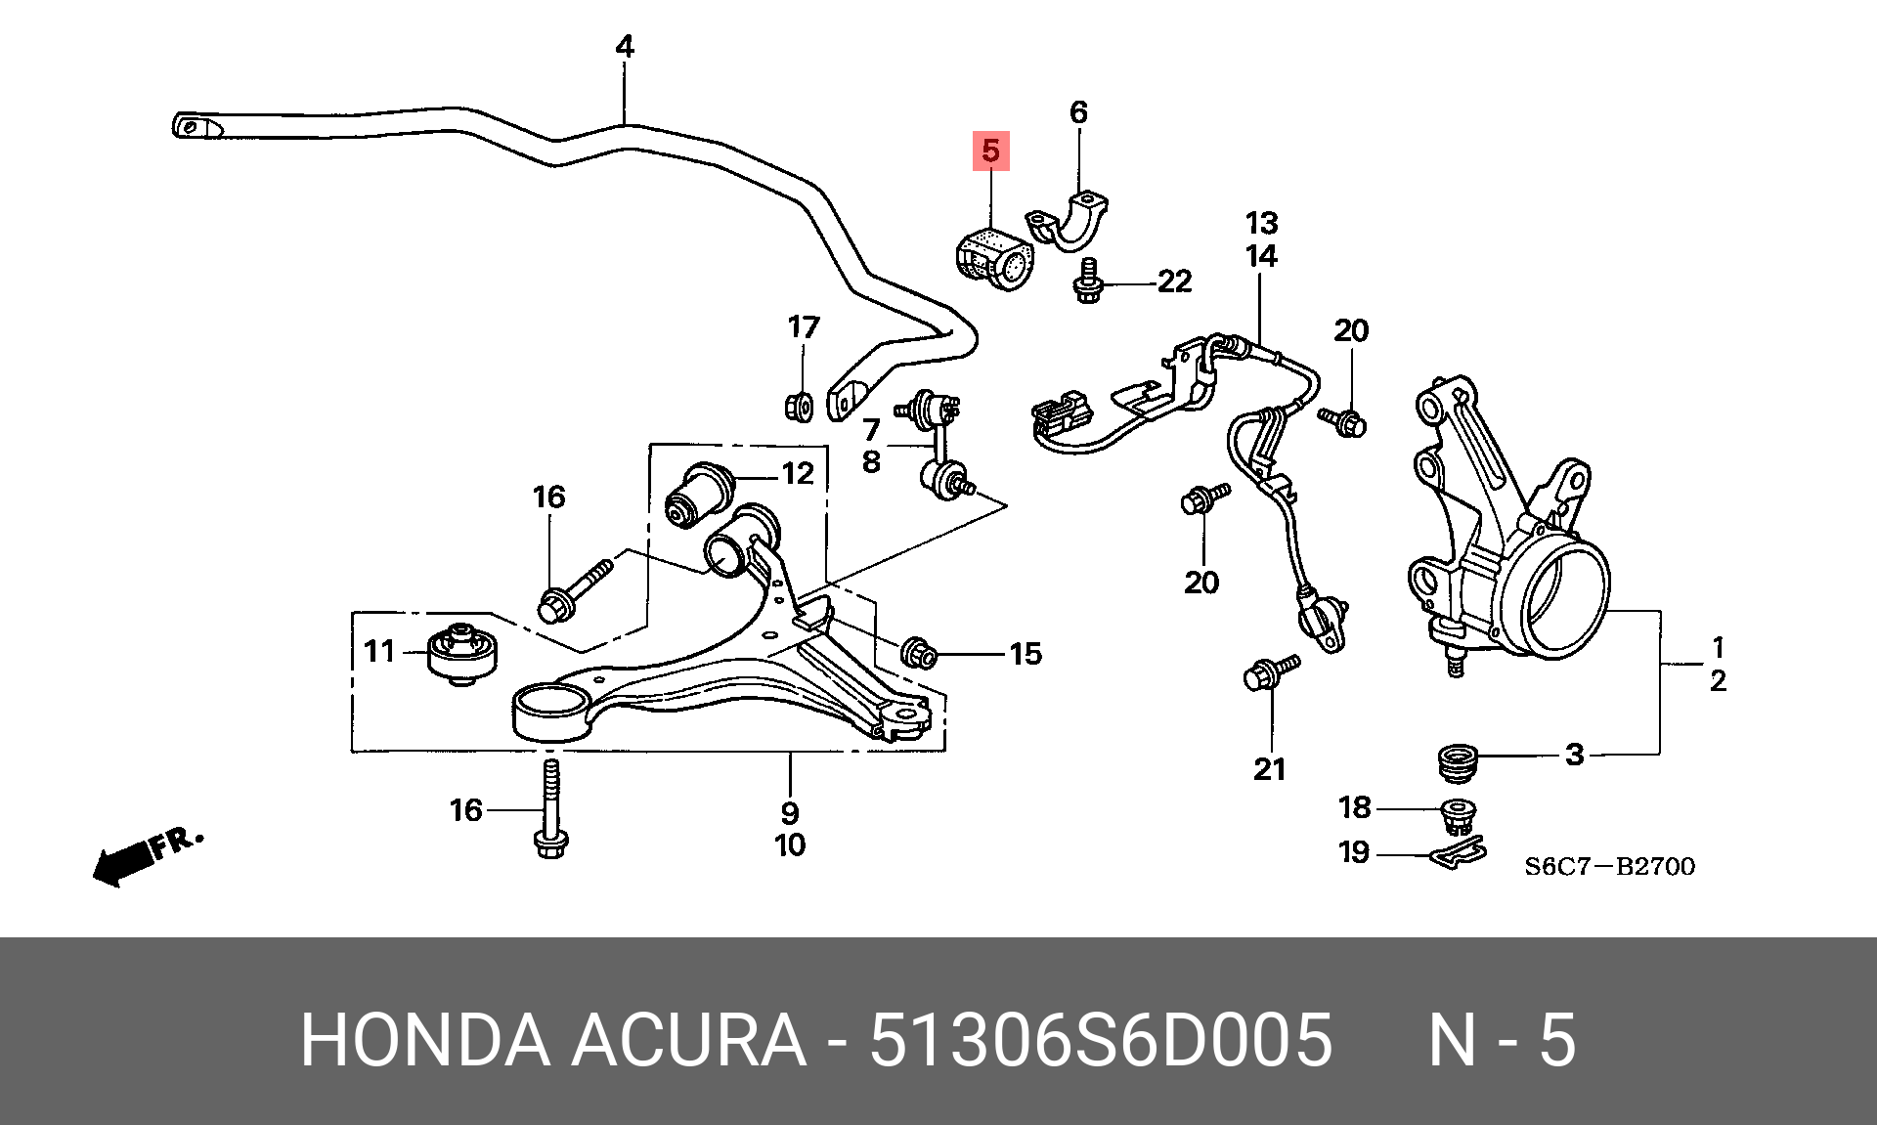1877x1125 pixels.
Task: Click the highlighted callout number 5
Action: coord(990,151)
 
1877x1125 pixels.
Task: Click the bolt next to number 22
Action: coord(1088,281)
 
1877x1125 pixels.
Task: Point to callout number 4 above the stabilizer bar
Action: coord(625,46)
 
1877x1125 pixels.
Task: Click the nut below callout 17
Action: coord(800,406)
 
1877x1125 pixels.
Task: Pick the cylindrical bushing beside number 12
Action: coord(699,494)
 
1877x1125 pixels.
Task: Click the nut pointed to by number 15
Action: coord(918,652)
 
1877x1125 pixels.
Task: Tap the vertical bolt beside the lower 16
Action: coord(551,809)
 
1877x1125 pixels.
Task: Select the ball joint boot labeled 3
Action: coord(1458,762)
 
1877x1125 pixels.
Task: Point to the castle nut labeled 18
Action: coord(1459,815)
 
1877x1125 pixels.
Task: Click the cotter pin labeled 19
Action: coord(1458,852)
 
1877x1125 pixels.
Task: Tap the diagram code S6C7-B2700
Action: coord(1610,866)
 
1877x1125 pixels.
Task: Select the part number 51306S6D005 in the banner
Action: coord(1101,1039)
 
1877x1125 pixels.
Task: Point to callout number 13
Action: coord(1261,223)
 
